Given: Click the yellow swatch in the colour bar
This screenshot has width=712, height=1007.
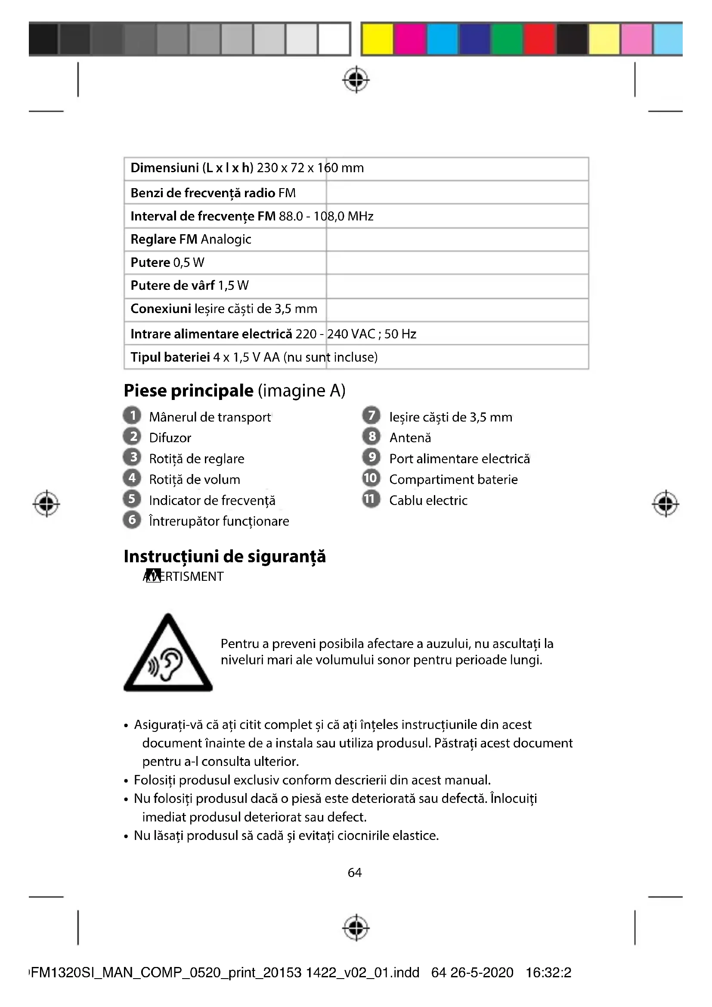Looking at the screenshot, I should coord(378,39).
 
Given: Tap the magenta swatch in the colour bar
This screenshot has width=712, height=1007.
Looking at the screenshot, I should coord(409,39).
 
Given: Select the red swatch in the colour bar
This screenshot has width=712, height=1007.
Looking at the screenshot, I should coord(539,39).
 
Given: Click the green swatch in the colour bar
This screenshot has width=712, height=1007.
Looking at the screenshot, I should coord(507,39).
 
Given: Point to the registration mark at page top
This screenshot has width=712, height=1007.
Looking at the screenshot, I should coord(356,79).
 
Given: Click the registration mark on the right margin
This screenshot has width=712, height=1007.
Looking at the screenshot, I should coord(665,504).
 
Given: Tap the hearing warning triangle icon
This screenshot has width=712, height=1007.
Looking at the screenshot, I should coord(168,654).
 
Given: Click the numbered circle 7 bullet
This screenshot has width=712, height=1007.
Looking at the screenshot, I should coord(371,415).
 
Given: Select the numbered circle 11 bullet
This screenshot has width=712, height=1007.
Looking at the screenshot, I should coord(371,499).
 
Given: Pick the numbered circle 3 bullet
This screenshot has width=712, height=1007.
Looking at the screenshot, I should coord(132,458).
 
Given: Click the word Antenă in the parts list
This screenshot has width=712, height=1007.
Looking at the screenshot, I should coord(410,438).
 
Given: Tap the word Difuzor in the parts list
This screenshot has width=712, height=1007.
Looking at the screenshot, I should coord(170,438).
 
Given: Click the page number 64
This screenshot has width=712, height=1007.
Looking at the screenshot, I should coord(355,873).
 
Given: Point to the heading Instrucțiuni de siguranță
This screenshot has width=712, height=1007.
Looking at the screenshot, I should coord(224,557).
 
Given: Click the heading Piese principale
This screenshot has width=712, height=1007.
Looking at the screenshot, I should coord(189,390).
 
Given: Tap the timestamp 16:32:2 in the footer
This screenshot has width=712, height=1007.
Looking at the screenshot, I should coord(548,973).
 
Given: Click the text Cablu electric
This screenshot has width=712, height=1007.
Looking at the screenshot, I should coord(428,500).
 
